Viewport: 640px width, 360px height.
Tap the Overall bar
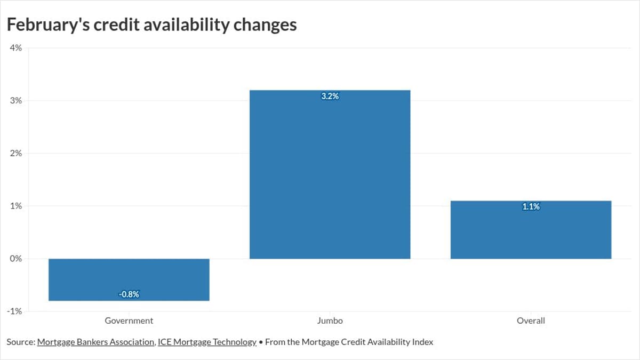(531, 230)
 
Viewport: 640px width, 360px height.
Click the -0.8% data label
(129, 294)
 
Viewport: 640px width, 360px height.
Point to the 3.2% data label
(330, 97)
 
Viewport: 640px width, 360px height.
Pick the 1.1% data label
(531, 207)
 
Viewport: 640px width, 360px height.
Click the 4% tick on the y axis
(15, 48)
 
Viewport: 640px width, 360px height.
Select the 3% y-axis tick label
(15, 101)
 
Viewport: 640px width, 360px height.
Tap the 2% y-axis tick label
(15, 154)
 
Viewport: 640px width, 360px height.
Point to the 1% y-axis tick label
(15, 206)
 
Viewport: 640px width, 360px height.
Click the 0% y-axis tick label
(15, 259)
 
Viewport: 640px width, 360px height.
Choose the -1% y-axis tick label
(14, 311)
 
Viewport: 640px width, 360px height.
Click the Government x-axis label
(129, 321)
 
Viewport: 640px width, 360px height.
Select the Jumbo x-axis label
(330, 321)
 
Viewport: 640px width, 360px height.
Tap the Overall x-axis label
(531, 321)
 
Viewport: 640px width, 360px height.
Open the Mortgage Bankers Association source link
(95, 342)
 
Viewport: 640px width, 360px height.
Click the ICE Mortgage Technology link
(207, 342)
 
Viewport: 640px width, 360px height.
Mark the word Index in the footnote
(422, 342)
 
